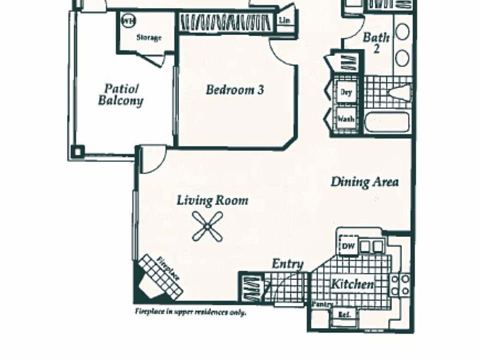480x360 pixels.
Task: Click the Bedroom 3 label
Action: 234,90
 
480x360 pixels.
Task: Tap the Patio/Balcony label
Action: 120,95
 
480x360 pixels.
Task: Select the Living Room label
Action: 212,201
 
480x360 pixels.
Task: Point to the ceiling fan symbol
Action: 207,226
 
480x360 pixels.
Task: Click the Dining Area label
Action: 364,182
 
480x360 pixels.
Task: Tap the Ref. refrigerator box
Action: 344,315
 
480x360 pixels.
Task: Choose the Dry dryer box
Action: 345,92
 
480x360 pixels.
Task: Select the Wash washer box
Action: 345,119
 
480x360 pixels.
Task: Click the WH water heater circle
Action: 128,21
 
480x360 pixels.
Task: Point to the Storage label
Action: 149,37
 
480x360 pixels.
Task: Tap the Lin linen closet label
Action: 284,20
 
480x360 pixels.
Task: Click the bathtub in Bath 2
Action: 387,122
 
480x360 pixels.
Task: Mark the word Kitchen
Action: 352,284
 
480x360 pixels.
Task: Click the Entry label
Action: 287,263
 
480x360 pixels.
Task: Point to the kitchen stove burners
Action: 400,284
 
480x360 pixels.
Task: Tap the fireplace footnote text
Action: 190,312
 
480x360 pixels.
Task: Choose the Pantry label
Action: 319,304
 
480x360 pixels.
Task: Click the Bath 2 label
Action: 376,42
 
